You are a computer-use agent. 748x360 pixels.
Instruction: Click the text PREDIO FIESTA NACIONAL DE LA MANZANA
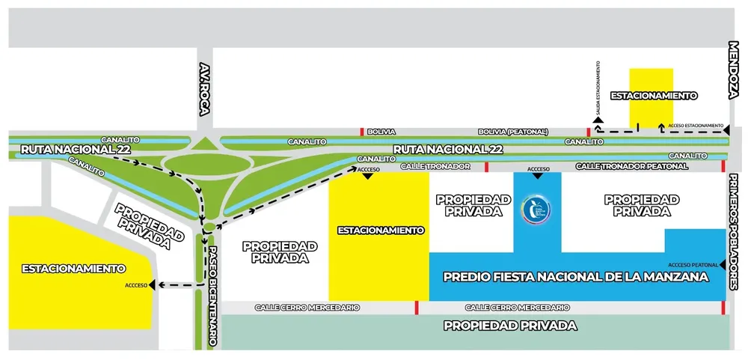point(575,277)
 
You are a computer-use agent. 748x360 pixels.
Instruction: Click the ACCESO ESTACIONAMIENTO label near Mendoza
point(696,125)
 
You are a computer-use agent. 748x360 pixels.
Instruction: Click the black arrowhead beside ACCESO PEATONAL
point(724,265)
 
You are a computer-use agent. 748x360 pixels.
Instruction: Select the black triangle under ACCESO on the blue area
point(538,176)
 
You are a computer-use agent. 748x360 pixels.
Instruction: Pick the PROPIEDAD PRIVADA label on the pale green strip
point(510,326)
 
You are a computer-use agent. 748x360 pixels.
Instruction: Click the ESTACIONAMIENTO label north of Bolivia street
point(654,96)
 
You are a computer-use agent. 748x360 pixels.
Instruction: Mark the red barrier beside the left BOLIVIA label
point(363,132)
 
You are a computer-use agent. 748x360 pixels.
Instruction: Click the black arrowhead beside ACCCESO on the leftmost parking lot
point(152,284)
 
